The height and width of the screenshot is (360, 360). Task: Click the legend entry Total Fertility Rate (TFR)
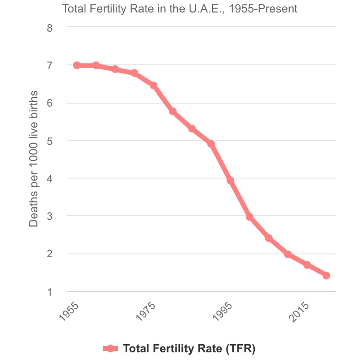189,348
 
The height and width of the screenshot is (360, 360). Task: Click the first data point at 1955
77,65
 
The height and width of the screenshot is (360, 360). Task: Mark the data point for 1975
154,85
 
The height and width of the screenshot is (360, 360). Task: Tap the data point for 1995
230,180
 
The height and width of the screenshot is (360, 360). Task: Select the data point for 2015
307,265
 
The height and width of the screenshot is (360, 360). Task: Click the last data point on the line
326,276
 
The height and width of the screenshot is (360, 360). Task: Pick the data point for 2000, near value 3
250,217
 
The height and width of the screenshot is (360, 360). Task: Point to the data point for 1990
211,144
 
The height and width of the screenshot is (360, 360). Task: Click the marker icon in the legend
111,348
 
